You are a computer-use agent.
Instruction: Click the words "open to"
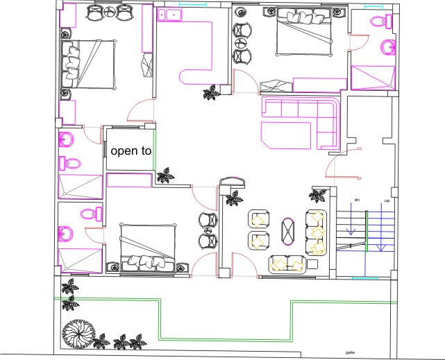click(x=131, y=151)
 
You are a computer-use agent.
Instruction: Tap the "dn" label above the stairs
click(x=357, y=200)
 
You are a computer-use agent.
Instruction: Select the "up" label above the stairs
click(x=387, y=200)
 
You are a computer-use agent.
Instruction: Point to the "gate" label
click(x=350, y=352)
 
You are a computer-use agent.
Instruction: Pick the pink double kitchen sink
click(x=169, y=15)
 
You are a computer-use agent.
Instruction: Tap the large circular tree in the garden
click(x=78, y=334)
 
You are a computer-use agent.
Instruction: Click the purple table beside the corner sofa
click(x=286, y=135)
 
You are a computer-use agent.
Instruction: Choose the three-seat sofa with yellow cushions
click(x=316, y=232)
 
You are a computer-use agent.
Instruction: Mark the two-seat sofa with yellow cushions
click(x=287, y=265)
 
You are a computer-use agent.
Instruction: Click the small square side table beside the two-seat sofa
click(x=312, y=264)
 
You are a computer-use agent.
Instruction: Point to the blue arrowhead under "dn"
click(x=351, y=232)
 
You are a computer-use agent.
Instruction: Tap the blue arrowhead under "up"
click(x=381, y=248)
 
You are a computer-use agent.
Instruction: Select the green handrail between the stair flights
click(x=367, y=231)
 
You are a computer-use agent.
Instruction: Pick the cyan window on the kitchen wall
click(x=188, y=4)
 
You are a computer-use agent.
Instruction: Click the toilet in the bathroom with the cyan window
click(x=381, y=22)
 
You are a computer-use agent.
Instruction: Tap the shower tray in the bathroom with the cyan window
click(x=373, y=78)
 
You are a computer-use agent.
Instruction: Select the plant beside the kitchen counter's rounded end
click(x=211, y=92)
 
